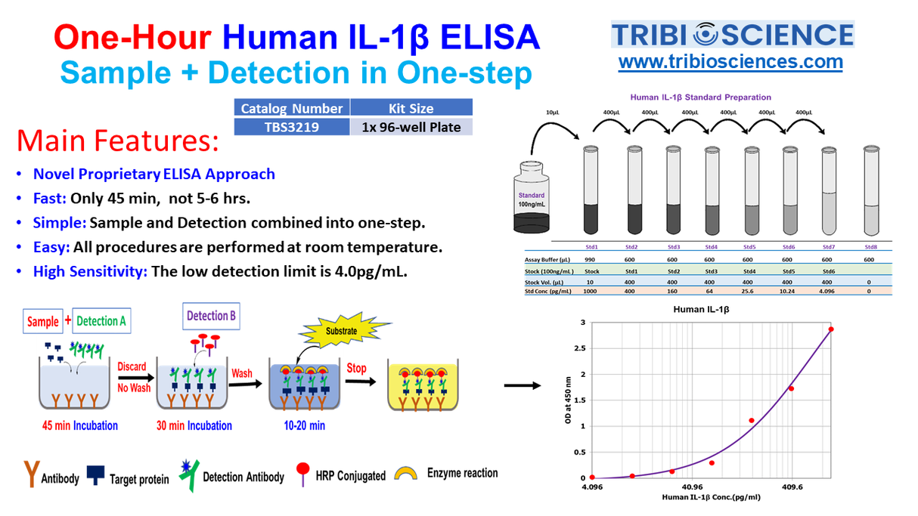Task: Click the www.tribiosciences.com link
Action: click(x=730, y=61)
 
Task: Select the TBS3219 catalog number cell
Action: click(x=291, y=127)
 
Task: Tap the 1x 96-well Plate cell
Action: click(x=411, y=127)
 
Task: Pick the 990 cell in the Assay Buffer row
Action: click(x=591, y=258)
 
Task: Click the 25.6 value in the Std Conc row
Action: click(x=749, y=290)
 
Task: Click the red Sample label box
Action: click(x=43, y=321)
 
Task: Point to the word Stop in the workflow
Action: click(x=356, y=369)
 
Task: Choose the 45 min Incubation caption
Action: click(x=79, y=425)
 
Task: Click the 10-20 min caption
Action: click(x=305, y=425)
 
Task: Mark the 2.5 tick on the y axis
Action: click(x=582, y=348)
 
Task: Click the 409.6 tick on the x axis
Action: click(x=792, y=487)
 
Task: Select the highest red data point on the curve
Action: click(x=830, y=329)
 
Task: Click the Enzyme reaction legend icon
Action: click(x=408, y=474)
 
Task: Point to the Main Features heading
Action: click(x=118, y=141)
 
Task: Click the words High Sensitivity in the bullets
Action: click(x=90, y=272)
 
